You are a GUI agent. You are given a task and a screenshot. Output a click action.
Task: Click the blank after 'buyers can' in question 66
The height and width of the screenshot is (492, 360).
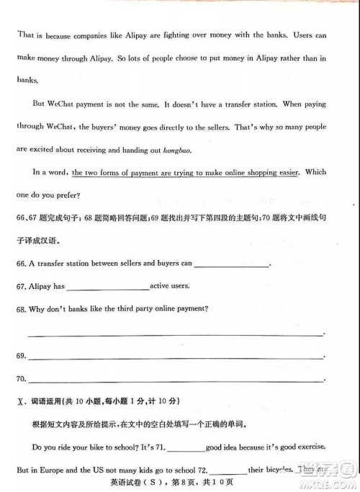click(x=231, y=264)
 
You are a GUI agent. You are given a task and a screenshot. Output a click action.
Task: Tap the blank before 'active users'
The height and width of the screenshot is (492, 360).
click(x=107, y=287)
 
